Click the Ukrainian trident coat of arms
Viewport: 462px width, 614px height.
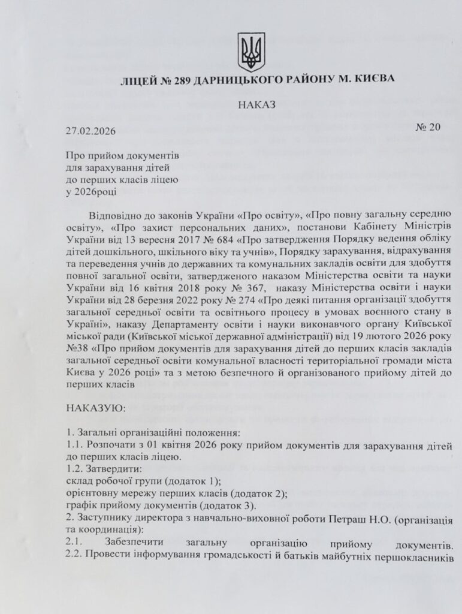click(251, 52)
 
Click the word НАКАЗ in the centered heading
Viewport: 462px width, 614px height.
click(256, 104)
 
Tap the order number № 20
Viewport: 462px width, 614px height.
click(426, 126)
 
